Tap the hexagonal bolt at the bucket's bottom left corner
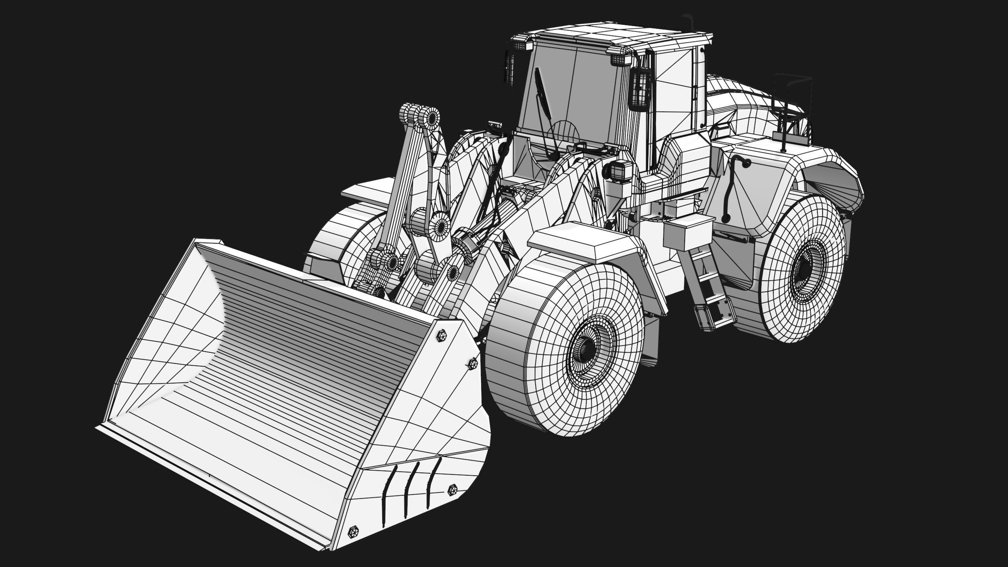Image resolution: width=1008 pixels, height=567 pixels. [x=352, y=543]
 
